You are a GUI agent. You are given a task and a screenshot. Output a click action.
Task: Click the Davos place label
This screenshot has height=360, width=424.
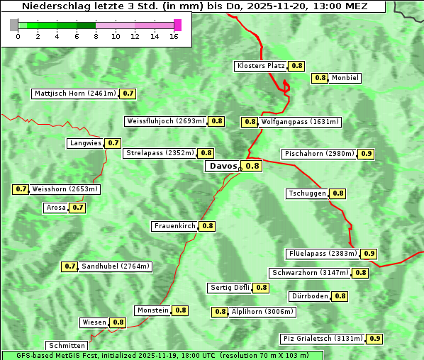click(223, 166)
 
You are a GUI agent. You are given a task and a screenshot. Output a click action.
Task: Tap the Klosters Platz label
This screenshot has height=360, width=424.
click(260, 66)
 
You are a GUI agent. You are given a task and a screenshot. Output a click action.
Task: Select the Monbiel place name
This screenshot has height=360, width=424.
click(345, 78)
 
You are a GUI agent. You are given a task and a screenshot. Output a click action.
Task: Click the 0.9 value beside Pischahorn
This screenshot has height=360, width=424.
click(367, 154)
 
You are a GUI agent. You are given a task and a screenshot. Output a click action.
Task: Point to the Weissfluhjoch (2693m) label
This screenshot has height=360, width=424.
click(165, 121)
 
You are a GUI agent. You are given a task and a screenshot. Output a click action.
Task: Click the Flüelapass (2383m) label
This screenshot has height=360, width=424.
click(322, 254)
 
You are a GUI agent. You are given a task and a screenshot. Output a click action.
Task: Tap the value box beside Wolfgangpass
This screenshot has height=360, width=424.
click(250, 122)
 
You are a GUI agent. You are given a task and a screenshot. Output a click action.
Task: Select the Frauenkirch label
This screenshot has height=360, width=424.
click(174, 226)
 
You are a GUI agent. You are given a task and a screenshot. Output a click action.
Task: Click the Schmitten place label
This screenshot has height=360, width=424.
click(67, 346)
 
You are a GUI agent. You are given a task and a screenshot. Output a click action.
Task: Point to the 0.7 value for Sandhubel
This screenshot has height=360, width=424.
click(69, 266)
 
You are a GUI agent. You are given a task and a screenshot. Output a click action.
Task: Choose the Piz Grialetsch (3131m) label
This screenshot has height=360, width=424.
click(323, 339)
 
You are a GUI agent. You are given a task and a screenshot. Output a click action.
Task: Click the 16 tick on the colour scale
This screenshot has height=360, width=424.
click(174, 36)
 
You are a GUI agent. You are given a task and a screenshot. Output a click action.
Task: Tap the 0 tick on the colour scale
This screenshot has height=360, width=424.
click(18, 36)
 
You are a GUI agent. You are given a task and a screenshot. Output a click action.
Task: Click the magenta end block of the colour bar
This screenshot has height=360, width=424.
click(177, 25)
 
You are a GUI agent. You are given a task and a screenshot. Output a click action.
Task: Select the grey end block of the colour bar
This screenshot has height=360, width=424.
click(14, 25)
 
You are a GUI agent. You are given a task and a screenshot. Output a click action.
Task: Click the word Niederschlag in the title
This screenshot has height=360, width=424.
click(52, 6)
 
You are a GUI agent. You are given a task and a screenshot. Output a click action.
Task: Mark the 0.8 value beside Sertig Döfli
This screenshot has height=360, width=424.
click(261, 288)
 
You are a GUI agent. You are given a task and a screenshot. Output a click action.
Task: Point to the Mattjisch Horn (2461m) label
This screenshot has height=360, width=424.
click(74, 94)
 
